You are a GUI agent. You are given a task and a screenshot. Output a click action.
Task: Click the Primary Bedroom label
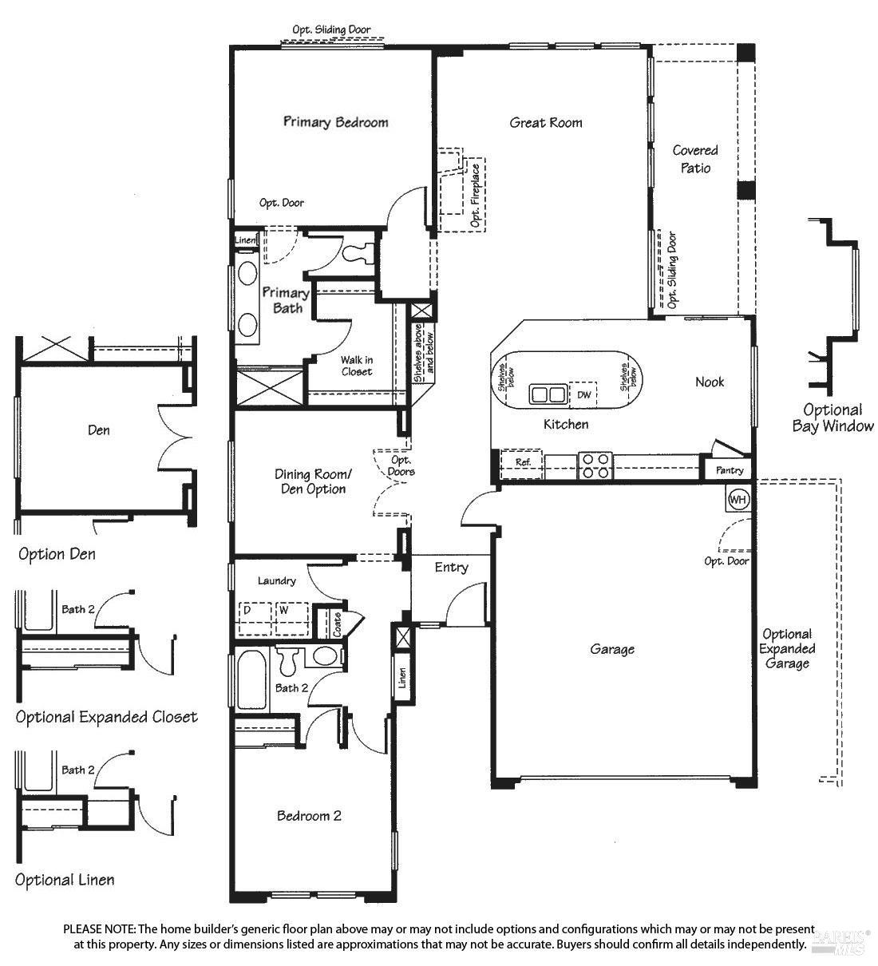[335, 122]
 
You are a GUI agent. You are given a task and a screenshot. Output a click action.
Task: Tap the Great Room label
[546, 123]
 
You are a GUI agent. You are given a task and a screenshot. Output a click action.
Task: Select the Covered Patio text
[695, 159]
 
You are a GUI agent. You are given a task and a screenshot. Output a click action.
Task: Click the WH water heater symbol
[738, 500]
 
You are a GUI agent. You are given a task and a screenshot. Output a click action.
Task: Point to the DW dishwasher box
[584, 394]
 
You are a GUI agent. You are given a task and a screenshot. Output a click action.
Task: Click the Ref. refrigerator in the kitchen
[523, 462]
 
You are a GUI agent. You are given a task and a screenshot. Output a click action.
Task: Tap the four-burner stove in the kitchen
[595, 465]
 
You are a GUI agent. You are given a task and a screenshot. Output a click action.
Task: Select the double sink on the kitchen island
[548, 394]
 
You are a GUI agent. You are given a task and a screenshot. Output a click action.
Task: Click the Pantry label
[729, 470]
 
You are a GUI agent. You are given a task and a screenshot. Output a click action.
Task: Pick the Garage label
[612, 649]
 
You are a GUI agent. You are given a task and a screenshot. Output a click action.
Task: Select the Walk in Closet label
[356, 366]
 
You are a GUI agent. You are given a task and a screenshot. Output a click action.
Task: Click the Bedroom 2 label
[309, 816]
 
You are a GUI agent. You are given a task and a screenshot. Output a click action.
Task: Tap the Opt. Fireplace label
[476, 196]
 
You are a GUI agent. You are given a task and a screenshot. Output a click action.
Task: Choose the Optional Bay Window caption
[833, 418]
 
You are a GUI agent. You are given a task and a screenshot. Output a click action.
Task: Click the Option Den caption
[57, 554]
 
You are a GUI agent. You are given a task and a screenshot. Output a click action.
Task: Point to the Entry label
[451, 567]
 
